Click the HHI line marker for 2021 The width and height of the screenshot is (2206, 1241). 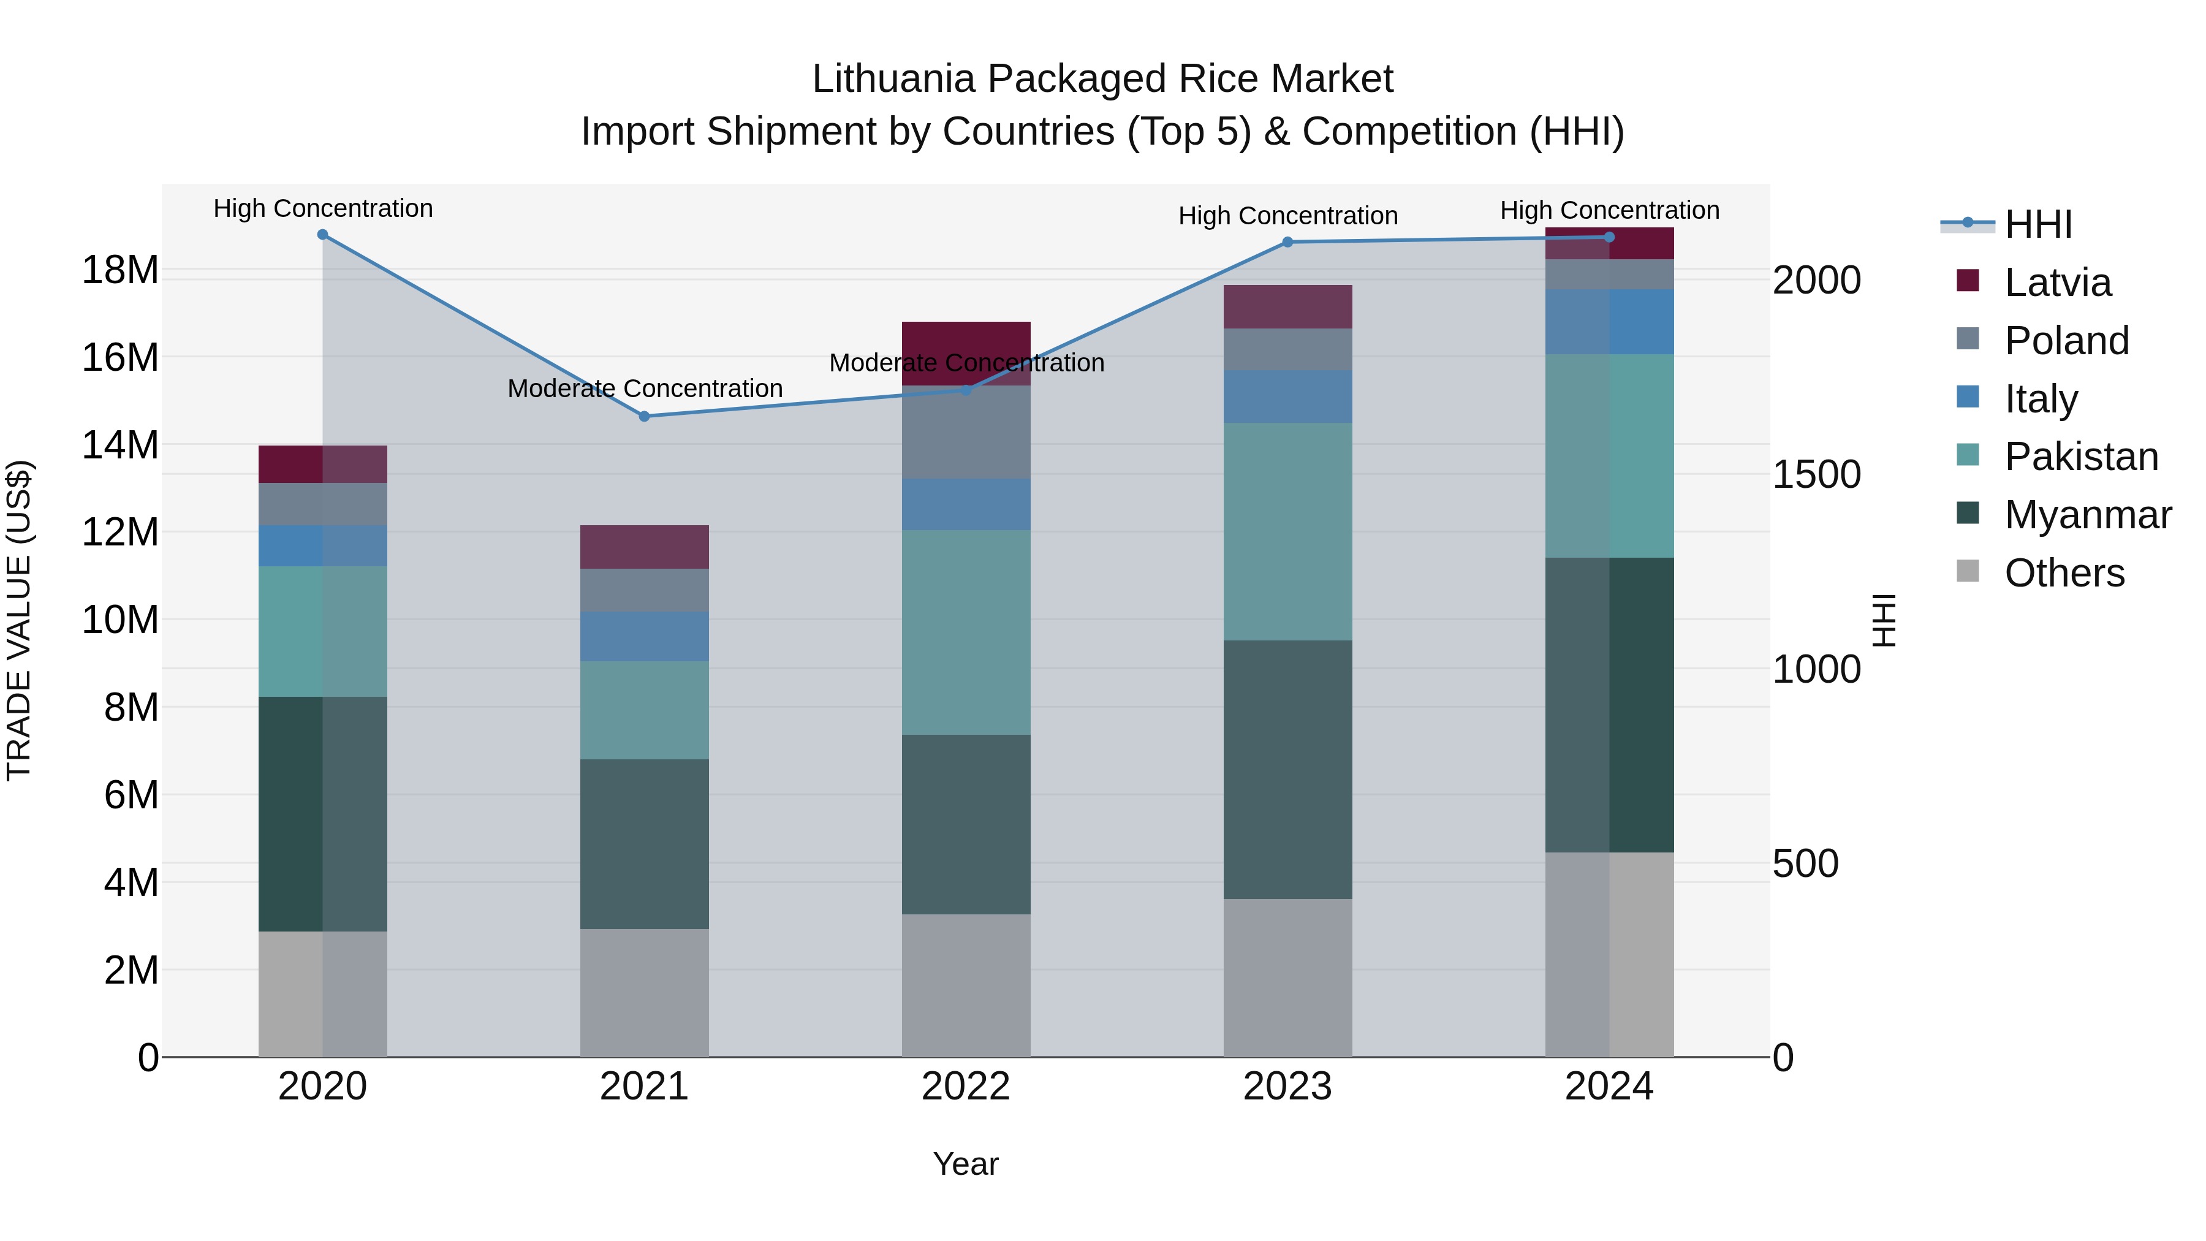click(x=644, y=416)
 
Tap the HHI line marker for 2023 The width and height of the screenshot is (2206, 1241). click(x=1287, y=242)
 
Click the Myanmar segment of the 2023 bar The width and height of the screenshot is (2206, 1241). click(x=1287, y=769)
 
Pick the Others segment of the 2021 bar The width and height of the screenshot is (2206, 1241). click(x=644, y=993)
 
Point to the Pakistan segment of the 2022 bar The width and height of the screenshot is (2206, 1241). click(x=966, y=632)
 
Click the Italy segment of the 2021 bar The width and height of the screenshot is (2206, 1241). click(x=644, y=636)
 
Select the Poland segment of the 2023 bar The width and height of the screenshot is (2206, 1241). click(x=1287, y=349)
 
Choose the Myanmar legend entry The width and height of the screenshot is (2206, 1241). click(x=2087, y=515)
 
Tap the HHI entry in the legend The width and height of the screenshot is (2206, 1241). click(x=2037, y=224)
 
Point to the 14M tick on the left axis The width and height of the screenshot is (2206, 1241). click(x=120, y=446)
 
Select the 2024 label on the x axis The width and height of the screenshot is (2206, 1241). click(x=1609, y=1087)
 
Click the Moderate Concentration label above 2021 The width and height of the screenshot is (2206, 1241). click(x=645, y=389)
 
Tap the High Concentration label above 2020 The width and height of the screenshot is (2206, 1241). click(x=323, y=209)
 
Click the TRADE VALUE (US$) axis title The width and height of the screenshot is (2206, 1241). click(x=19, y=620)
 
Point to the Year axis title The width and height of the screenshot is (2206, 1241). click(x=965, y=1164)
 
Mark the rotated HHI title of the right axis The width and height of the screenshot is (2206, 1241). click(x=1885, y=620)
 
